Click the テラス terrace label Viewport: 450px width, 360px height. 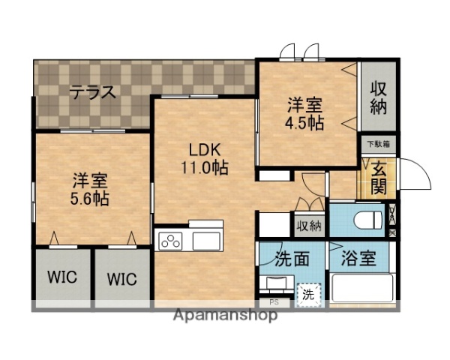pyautogui.click(x=93, y=93)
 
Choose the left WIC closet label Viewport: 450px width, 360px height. pyautogui.click(x=63, y=280)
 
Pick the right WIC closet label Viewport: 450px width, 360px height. pyautogui.click(x=121, y=280)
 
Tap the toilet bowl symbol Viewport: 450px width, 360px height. pyautogui.click(x=367, y=218)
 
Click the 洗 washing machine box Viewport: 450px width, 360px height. pyautogui.click(x=308, y=294)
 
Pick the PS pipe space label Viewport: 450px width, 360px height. pyautogui.click(x=274, y=302)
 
